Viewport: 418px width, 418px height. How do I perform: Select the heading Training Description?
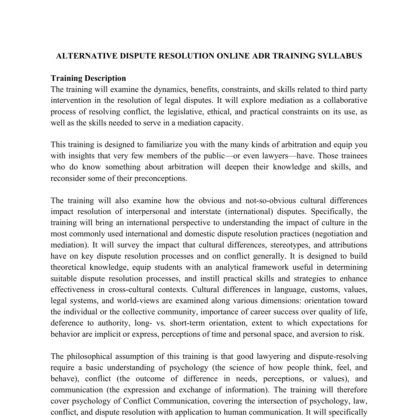click(x=88, y=78)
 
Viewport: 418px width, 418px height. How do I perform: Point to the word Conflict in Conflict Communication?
click(x=137, y=401)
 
